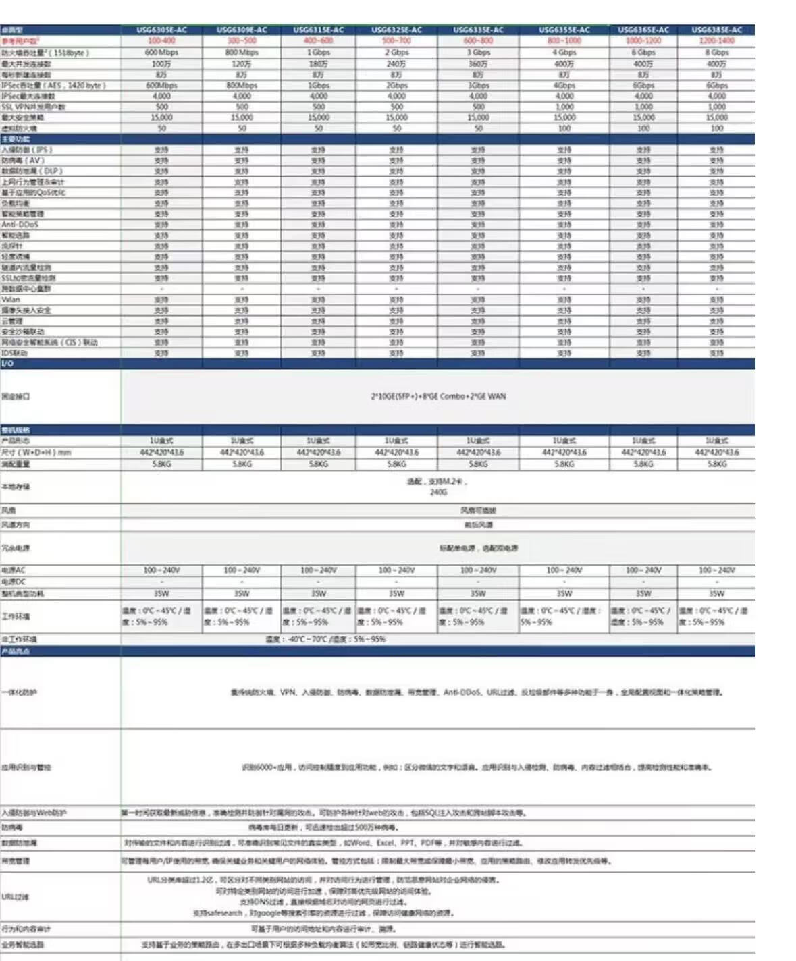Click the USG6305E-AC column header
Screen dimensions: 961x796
(161, 30)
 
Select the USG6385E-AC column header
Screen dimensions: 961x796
(716, 30)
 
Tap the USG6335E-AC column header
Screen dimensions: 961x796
(478, 30)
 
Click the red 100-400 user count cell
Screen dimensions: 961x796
(161, 41)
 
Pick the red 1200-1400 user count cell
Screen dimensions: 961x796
(716, 41)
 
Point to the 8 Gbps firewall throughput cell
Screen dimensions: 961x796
(716, 53)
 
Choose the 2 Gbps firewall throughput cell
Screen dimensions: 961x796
(396, 53)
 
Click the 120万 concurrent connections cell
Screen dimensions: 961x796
(242, 64)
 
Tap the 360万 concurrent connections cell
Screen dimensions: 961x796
(478, 64)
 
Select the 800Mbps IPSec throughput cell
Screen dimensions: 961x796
(242, 86)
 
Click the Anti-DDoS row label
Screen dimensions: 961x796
(20, 225)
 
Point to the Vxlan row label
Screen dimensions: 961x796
(11, 300)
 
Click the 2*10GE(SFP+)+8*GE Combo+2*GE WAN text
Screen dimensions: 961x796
(438, 397)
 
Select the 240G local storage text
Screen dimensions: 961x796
(438, 493)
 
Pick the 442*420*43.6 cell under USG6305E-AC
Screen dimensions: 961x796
(161, 453)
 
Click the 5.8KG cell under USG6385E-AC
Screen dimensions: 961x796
(716, 464)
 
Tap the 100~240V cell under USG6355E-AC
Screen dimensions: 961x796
(564, 571)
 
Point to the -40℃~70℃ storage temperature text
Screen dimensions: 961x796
(325, 640)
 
